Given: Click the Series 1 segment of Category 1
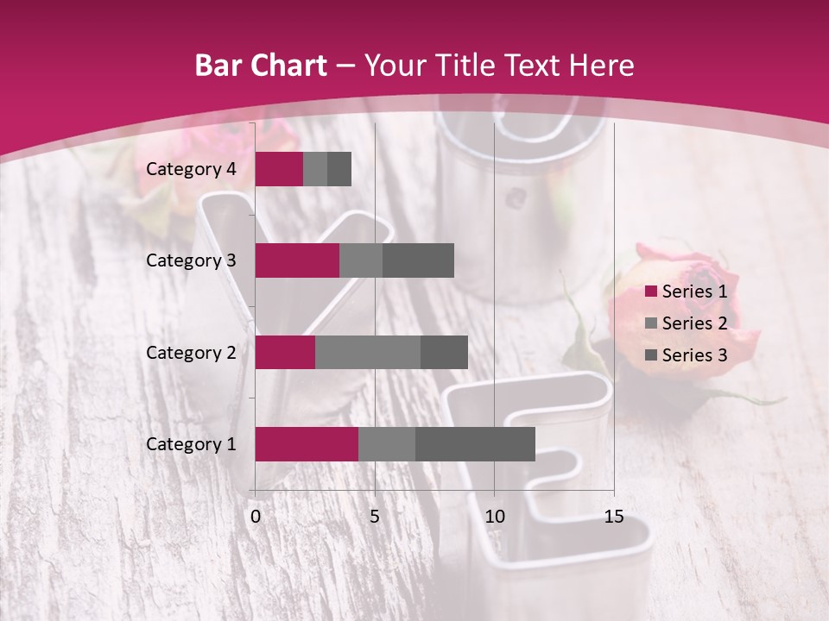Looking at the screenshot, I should click(307, 443).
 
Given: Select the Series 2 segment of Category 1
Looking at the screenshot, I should click(387, 443).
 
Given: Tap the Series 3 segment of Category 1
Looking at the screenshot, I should click(475, 443).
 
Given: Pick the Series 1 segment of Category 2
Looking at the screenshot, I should click(285, 352).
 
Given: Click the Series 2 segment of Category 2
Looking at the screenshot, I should click(368, 352).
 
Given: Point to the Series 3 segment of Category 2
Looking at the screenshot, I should click(444, 352).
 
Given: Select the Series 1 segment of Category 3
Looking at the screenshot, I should click(297, 260).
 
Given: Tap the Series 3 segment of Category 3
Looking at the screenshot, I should click(418, 260).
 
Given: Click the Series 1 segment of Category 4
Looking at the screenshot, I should click(279, 169).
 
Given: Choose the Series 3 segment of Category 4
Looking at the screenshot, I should click(339, 169).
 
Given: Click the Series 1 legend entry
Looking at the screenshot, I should click(687, 292).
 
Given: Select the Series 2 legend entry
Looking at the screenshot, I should click(687, 323).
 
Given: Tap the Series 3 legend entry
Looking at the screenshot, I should click(687, 355).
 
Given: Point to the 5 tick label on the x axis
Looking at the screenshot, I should click(375, 517).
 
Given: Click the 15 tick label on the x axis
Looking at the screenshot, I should click(613, 517).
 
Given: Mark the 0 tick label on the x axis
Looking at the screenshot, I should click(256, 517).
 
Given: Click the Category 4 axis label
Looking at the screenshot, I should click(191, 169).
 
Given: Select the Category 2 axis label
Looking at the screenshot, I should click(191, 352).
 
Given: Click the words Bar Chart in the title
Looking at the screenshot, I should click(261, 66).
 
